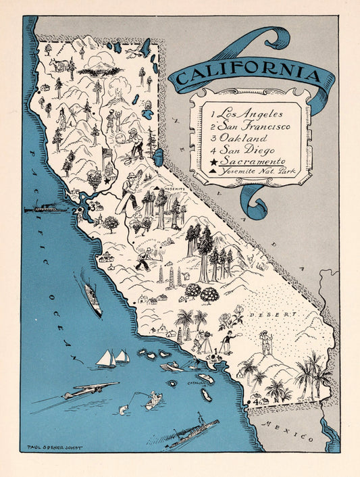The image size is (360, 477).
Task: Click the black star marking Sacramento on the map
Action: click(107, 181)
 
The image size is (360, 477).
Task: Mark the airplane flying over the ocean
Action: click(88, 391)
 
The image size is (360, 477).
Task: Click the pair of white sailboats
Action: click(113, 358)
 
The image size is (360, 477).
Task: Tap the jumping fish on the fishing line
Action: click(124, 409)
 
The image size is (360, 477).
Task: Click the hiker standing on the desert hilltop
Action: click(265, 341)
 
